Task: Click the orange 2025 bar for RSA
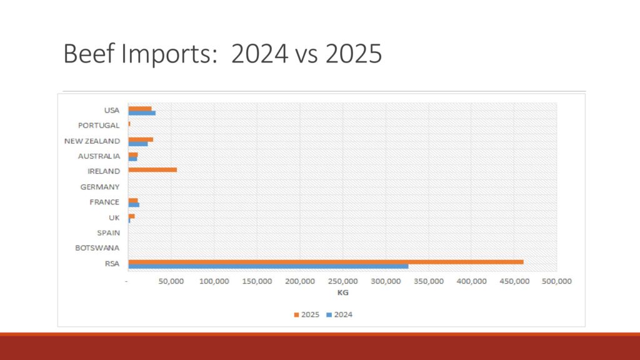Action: (326, 261)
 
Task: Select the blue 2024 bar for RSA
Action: (268, 266)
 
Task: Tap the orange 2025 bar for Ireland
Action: (152, 169)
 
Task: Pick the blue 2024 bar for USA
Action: (142, 113)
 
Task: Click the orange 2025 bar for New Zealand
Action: (141, 139)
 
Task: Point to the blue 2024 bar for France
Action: (134, 205)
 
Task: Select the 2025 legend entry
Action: (307, 314)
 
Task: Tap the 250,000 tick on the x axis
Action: (342, 281)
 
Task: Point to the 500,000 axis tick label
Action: (556, 281)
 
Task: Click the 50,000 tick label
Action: (171, 281)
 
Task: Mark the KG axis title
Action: (342, 292)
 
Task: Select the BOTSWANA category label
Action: (97, 248)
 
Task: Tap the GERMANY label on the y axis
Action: (100, 187)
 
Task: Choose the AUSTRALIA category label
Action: (99, 156)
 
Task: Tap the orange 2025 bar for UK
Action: (131, 216)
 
